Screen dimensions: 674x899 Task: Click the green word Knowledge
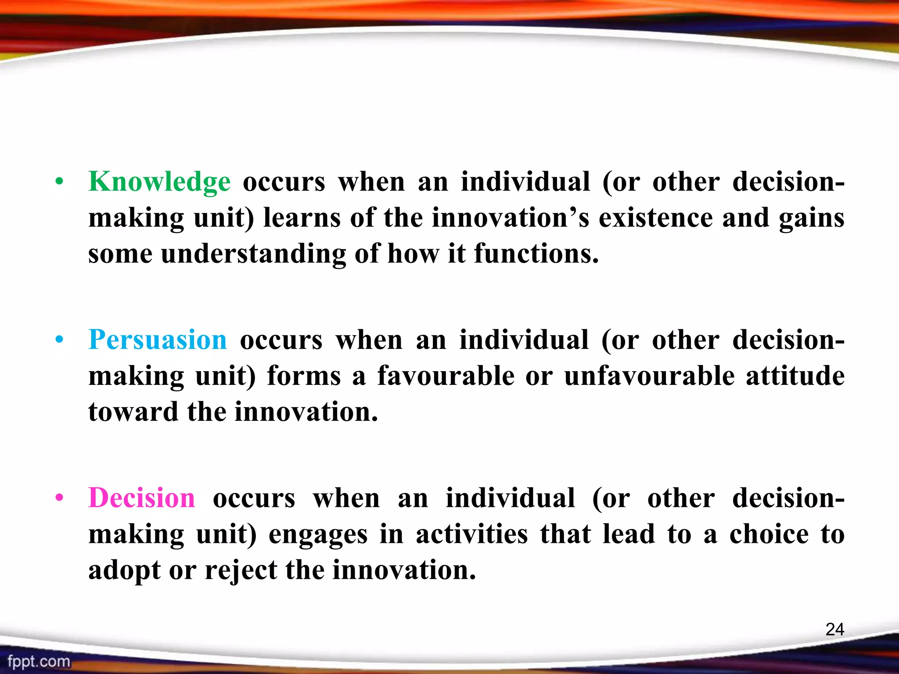point(159,182)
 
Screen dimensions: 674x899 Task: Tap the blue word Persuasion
point(158,340)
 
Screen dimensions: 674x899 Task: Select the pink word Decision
point(142,498)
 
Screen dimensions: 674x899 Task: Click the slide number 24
point(834,630)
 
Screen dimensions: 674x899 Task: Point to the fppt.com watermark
point(39,661)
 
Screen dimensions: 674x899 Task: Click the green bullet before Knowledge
point(60,182)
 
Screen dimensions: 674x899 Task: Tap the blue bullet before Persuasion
point(60,340)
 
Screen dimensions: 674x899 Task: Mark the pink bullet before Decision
point(60,498)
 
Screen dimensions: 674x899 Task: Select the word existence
point(656,218)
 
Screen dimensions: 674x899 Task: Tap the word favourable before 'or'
point(446,376)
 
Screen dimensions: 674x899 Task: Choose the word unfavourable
point(649,376)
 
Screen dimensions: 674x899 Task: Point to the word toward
point(133,412)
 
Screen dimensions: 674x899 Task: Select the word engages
point(318,535)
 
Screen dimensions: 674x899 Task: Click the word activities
point(471,534)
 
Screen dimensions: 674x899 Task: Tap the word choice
point(769,534)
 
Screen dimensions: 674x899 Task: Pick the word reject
point(241,570)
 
